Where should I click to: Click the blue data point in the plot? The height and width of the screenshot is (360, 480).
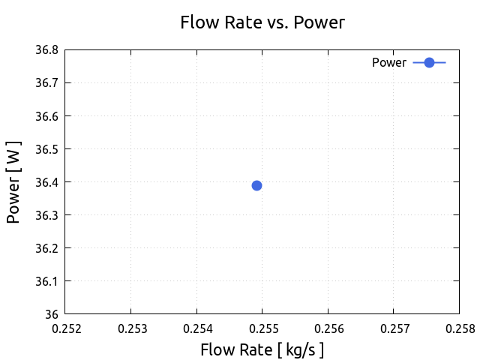[x=256, y=185]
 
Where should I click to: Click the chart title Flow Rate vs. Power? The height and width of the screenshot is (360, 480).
[x=262, y=22]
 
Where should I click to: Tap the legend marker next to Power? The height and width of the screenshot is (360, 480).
[x=429, y=63]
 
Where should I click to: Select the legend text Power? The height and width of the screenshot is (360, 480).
[x=388, y=63]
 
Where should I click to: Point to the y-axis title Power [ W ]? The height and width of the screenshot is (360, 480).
[x=13, y=182]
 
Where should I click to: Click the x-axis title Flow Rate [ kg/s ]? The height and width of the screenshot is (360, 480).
[x=262, y=349]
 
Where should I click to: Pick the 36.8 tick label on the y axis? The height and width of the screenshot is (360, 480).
[x=46, y=50]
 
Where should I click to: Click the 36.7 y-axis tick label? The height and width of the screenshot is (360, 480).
[x=46, y=83]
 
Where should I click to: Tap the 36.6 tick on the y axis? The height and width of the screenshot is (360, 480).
[x=46, y=116]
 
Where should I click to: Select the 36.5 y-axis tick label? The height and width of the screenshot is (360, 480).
[x=46, y=149]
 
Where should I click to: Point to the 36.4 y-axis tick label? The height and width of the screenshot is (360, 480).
[x=46, y=182]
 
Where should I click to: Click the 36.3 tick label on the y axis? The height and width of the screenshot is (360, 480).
[x=46, y=215]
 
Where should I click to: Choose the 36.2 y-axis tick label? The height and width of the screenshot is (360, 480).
[x=46, y=248]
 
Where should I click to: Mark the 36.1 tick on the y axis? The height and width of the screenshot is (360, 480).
[x=46, y=281]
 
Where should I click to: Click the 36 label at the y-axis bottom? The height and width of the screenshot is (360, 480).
[x=52, y=314]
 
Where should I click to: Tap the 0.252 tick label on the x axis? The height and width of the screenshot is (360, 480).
[x=64, y=328]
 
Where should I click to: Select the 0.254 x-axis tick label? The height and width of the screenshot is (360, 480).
[x=196, y=328]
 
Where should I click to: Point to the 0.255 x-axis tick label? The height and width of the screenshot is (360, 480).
[x=262, y=328]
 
